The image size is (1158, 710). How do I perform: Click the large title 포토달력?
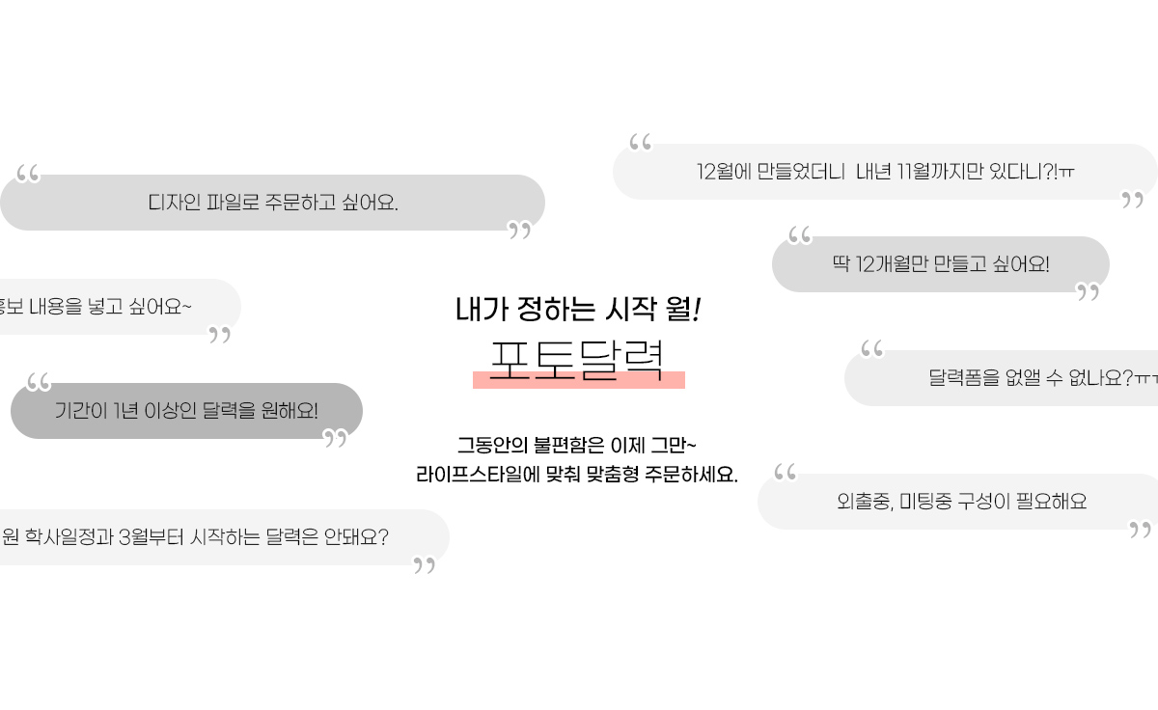point(577,360)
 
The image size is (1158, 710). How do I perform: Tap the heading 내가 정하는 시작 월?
point(577,309)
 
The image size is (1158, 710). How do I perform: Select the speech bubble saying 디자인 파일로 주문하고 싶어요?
point(273,203)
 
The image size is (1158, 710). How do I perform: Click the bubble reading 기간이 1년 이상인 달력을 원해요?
point(186,411)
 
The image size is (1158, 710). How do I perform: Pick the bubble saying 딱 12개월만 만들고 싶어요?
point(940,263)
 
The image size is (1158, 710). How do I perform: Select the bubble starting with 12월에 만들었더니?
point(885,172)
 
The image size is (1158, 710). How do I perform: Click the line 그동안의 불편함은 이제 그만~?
point(576,446)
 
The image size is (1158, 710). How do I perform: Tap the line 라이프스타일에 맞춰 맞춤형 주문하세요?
point(576,475)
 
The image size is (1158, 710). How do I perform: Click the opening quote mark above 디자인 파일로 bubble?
point(28,175)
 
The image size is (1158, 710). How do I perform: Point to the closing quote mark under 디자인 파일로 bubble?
point(520,230)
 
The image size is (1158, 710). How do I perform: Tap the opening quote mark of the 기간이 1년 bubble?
point(39,382)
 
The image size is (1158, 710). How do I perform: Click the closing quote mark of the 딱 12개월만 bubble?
point(1088,291)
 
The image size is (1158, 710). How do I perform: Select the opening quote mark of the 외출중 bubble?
point(786,473)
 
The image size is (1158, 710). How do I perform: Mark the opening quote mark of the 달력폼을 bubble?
point(871,348)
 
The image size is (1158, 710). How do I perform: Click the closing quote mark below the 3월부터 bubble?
point(424,565)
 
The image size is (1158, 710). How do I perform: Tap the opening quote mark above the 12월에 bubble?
point(640,143)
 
